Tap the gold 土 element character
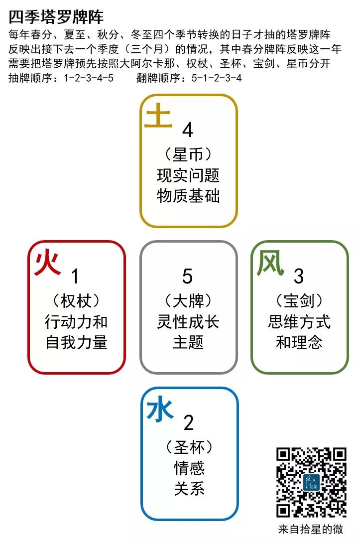158,118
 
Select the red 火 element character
47,263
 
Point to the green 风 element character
270,263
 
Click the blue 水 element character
160,410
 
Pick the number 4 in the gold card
188,130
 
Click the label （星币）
188,155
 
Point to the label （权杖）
76,301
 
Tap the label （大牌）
188,301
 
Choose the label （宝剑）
299,301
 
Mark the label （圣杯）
189,447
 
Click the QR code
311,482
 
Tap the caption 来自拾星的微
311,530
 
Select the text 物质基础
188,195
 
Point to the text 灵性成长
188,321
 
